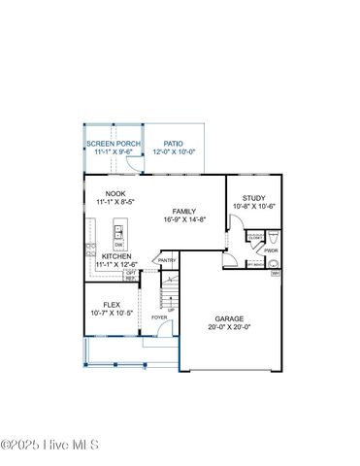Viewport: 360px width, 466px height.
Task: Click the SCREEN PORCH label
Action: click(x=113, y=143)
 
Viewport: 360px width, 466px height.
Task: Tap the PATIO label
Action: click(x=174, y=143)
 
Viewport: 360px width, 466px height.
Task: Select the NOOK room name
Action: click(x=115, y=194)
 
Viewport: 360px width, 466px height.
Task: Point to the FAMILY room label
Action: click(x=184, y=211)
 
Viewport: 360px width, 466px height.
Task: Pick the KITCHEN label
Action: click(x=116, y=256)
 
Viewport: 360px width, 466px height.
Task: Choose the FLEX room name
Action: click(x=112, y=304)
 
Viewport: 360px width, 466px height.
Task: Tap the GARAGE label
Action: click(x=230, y=318)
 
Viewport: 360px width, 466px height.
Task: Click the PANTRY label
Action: click(x=167, y=260)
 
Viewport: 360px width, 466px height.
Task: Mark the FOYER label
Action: click(x=159, y=317)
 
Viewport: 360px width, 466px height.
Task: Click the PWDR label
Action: click(x=271, y=250)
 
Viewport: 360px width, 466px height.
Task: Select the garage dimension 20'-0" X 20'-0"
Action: click(x=230, y=327)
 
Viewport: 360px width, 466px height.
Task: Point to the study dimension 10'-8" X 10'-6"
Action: click(x=254, y=206)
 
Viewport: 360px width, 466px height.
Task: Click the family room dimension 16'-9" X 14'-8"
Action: click(x=184, y=219)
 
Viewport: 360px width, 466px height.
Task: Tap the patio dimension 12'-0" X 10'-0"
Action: click(x=174, y=151)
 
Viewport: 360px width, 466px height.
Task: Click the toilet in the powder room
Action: click(x=274, y=237)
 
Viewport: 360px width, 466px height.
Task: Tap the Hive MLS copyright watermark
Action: click(x=50, y=446)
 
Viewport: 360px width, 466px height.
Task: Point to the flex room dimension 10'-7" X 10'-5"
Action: click(x=112, y=313)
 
